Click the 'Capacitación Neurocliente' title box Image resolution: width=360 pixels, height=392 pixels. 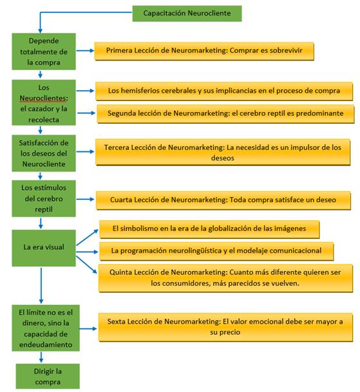pyautogui.click(x=187, y=14)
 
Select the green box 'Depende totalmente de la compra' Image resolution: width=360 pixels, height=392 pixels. pyautogui.click(x=44, y=51)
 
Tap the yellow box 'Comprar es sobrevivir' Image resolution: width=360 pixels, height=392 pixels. pyautogui.click(x=204, y=51)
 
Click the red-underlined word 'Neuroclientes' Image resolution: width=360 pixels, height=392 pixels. pyautogui.click(x=44, y=98)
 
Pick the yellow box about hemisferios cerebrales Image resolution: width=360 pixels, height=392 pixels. pyautogui.click(x=224, y=91)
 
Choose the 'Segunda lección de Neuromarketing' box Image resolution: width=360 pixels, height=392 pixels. pyautogui.click(x=225, y=114)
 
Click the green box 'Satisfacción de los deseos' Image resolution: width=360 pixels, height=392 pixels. pyautogui.click(x=44, y=153)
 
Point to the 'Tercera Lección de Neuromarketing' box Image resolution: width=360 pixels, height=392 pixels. pyautogui.click(x=223, y=153)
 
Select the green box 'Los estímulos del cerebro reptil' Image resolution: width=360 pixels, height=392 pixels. pyautogui.click(x=44, y=198)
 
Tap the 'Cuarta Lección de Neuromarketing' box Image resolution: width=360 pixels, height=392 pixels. pyautogui.click(x=223, y=200)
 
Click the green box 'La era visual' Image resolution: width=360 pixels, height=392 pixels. pyautogui.click(x=44, y=248)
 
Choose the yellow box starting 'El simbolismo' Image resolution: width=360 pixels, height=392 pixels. pyautogui.click(x=209, y=229)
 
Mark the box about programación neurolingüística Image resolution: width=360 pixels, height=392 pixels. pyautogui.click(x=216, y=251)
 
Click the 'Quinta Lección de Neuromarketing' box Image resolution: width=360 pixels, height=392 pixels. pyautogui.click(x=225, y=278)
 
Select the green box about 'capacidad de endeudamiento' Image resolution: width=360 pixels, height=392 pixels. pyautogui.click(x=46, y=328)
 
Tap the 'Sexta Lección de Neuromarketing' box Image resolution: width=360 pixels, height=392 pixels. pyautogui.click(x=225, y=327)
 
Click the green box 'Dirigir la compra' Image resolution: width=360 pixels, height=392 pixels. pyautogui.click(x=48, y=377)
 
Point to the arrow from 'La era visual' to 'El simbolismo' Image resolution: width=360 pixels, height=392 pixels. pyautogui.click(x=87, y=238)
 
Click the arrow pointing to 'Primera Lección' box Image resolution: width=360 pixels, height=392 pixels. pyautogui.click(x=85, y=51)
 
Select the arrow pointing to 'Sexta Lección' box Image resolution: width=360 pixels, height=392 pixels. pyautogui.click(x=88, y=328)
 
